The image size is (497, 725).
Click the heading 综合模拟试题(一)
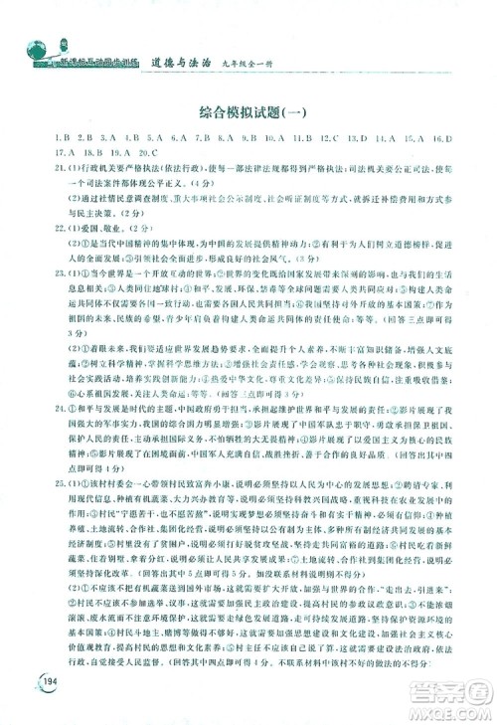[248, 109]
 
